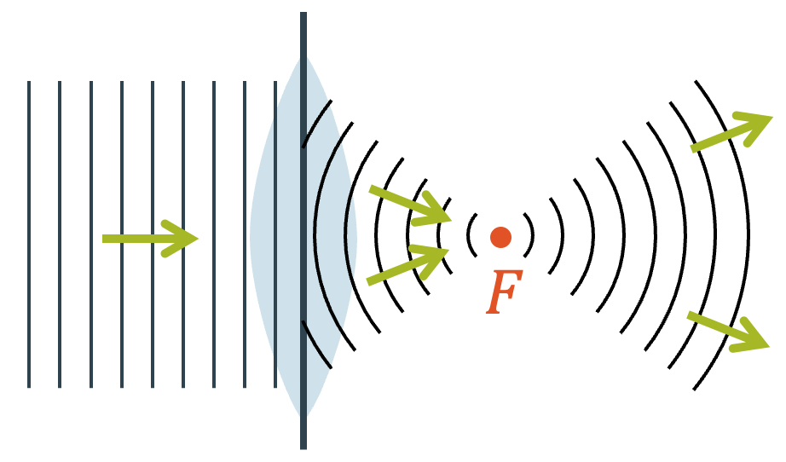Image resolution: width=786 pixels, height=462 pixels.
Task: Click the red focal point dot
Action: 500,237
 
